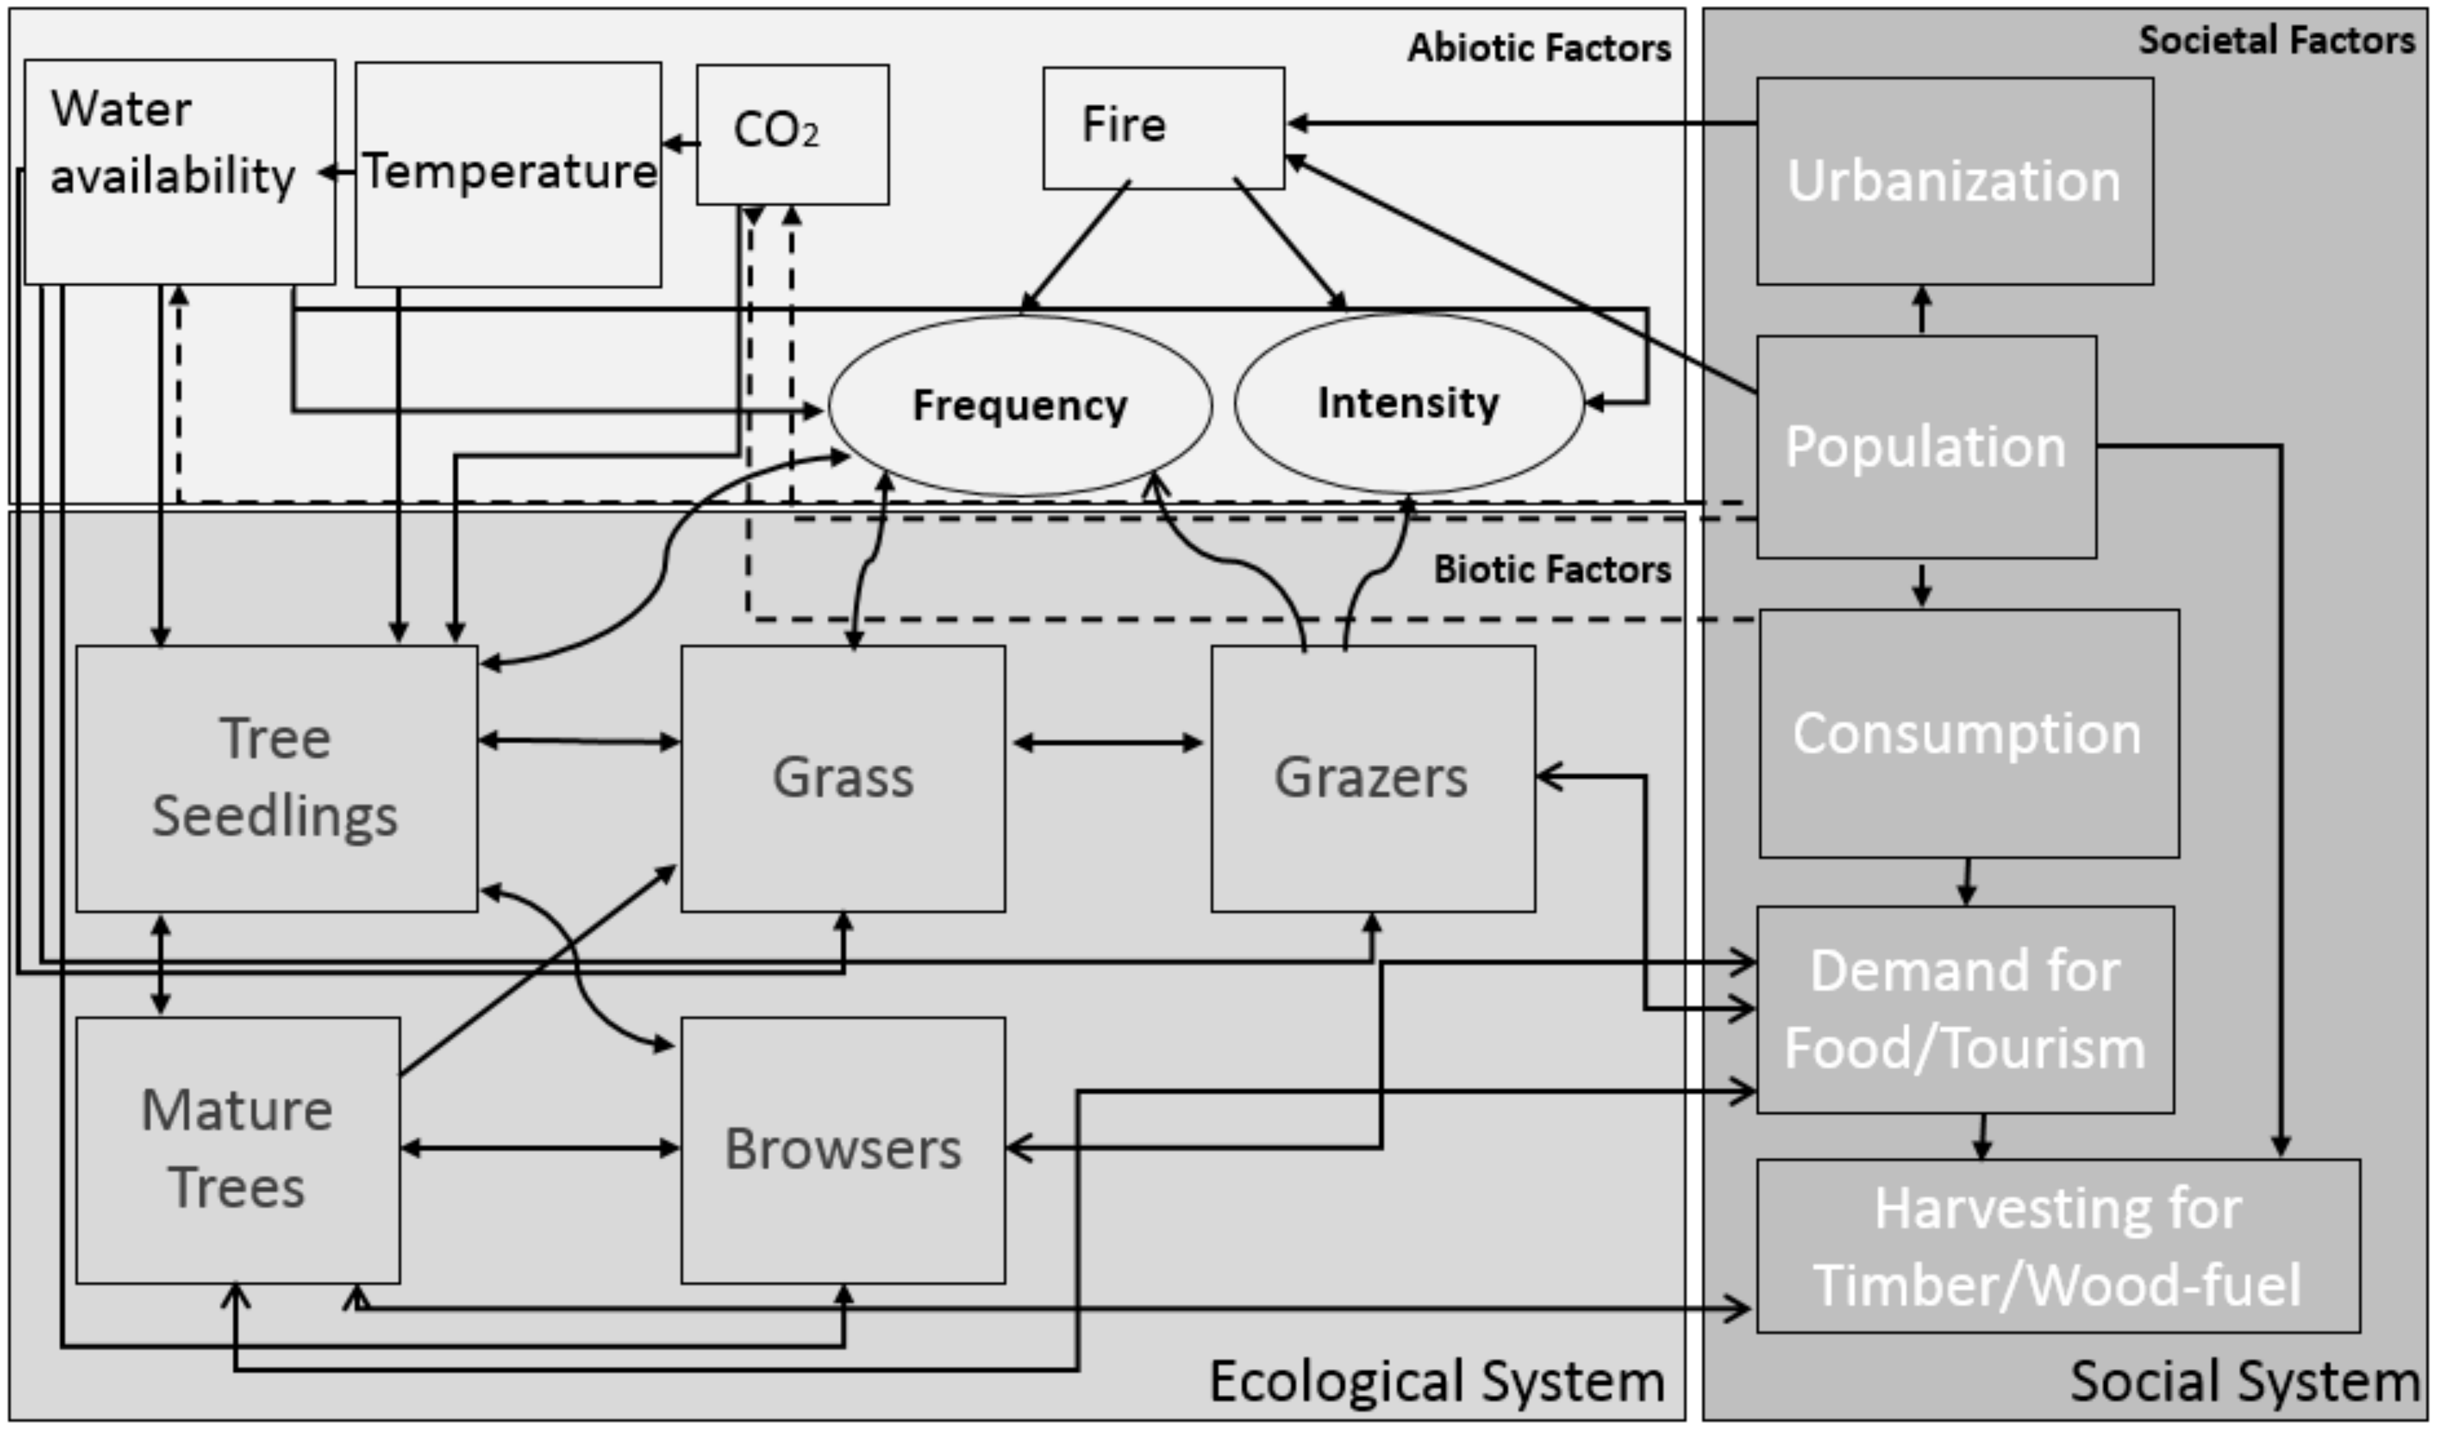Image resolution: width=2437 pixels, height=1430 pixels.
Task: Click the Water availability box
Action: click(x=179, y=172)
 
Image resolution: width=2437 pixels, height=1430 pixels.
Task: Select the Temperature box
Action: click(x=508, y=174)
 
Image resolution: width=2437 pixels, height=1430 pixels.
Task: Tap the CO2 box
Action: click(x=792, y=134)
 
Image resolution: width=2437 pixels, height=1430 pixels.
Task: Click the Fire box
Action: click(x=1163, y=127)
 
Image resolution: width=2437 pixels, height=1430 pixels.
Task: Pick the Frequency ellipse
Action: click(x=1020, y=405)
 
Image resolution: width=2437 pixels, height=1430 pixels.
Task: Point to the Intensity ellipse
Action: click(x=1409, y=403)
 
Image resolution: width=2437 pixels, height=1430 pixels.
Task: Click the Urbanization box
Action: click(x=1955, y=181)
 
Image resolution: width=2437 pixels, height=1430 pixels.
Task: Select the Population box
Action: click(x=1925, y=447)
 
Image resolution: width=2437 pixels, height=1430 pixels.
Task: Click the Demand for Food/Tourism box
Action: click(x=1964, y=1009)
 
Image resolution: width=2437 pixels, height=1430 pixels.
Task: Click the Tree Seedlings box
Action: click(x=277, y=778)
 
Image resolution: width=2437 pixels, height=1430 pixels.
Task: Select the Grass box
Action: click(x=842, y=778)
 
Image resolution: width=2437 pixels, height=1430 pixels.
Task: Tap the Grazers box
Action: click(x=1372, y=778)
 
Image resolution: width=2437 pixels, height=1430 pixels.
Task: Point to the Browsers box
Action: click(x=842, y=1150)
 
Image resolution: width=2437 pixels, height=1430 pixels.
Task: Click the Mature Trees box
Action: click(x=238, y=1150)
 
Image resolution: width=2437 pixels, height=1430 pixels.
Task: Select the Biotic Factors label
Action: click(x=1551, y=570)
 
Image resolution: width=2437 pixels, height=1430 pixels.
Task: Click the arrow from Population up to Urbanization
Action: click(x=1922, y=310)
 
